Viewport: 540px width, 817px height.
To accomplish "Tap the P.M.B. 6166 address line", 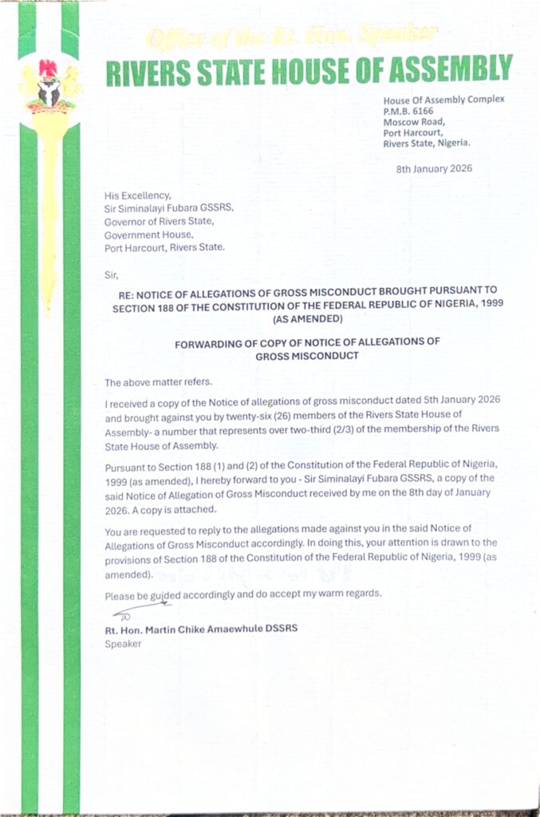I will click(x=410, y=111).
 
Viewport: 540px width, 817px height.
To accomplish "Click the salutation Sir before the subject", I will click(x=111, y=273).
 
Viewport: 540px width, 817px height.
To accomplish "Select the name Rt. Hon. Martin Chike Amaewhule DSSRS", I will click(x=201, y=629).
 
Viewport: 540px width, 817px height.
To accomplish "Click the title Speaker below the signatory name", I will click(x=123, y=644).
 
